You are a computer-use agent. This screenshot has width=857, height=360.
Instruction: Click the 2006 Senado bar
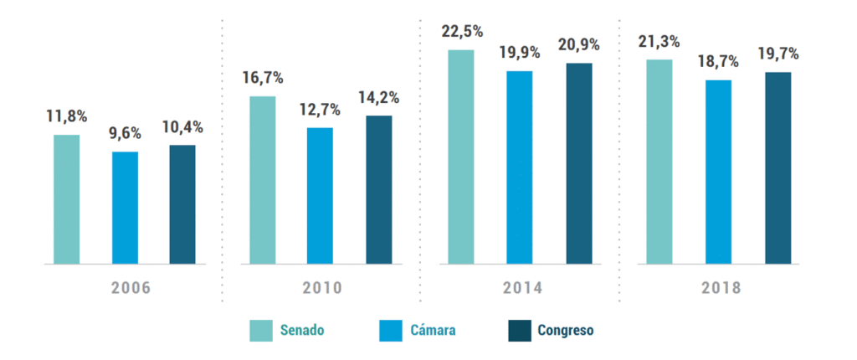click(x=66, y=199)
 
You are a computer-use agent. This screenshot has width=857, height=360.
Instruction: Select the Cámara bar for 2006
click(x=125, y=208)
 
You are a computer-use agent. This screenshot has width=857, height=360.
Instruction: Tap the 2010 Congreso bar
click(x=378, y=189)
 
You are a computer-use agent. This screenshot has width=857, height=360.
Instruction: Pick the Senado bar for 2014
click(x=460, y=157)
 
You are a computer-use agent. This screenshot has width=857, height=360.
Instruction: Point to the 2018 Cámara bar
click(x=718, y=172)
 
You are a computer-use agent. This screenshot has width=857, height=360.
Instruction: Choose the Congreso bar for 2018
click(x=777, y=167)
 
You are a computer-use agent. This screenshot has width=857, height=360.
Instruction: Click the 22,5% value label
click(x=462, y=32)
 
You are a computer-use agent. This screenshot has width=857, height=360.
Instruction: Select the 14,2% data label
click(x=378, y=97)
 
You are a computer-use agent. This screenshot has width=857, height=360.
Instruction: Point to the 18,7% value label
click(x=719, y=61)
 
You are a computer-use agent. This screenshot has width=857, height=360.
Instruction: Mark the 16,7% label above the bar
click(x=263, y=78)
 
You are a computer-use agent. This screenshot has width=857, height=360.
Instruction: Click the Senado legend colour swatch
click(x=261, y=331)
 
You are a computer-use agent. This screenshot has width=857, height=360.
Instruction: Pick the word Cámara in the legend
click(x=433, y=331)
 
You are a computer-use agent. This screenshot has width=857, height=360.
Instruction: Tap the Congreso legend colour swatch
click(x=520, y=331)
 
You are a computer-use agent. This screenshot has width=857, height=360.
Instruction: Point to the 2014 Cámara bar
click(x=519, y=167)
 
